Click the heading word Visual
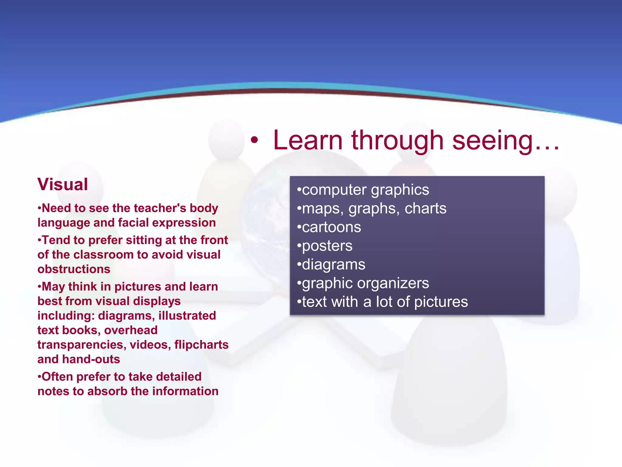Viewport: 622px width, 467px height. (x=63, y=185)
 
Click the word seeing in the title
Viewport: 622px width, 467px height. (x=492, y=140)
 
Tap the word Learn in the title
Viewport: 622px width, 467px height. (x=308, y=140)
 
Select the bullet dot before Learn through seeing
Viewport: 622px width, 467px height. (x=254, y=141)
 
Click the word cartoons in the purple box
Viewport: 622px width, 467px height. (x=331, y=227)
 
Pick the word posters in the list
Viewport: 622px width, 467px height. (x=327, y=246)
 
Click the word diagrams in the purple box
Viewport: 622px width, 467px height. (x=333, y=265)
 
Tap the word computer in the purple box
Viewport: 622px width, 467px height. (x=334, y=190)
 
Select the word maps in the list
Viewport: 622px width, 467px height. (x=323, y=209)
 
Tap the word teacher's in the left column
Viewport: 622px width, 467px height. (x=160, y=208)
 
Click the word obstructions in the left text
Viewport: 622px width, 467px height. (x=74, y=269)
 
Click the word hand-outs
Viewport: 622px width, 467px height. (x=91, y=359)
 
